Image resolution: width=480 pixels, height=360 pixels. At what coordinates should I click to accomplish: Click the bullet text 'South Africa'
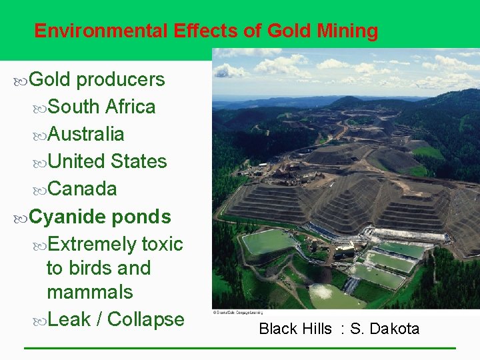pyautogui.click(x=101, y=107)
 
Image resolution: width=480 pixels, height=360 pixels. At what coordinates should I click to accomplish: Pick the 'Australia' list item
pyautogui.click(x=86, y=134)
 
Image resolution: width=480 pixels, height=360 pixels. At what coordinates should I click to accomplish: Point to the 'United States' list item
pyautogui.click(x=107, y=161)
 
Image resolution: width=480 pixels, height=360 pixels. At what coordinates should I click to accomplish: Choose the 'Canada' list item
pyautogui.click(x=82, y=189)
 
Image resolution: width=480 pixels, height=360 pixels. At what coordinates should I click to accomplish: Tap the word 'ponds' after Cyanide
pyautogui.click(x=141, y=217)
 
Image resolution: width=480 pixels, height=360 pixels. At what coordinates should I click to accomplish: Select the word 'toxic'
pyautogui.click(x=162, y=244)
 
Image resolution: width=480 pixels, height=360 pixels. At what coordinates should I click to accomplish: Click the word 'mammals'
pyautogui.click(x=89, y=292)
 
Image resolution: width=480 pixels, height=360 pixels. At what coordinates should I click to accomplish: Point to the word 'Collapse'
pyautogui.click(x=145, y=319)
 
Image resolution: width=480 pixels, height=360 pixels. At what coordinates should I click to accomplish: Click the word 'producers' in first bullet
pyautogui.click(x=121, y=79)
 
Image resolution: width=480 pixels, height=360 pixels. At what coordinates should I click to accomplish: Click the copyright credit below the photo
pyautogui.click(x=237, y=311)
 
